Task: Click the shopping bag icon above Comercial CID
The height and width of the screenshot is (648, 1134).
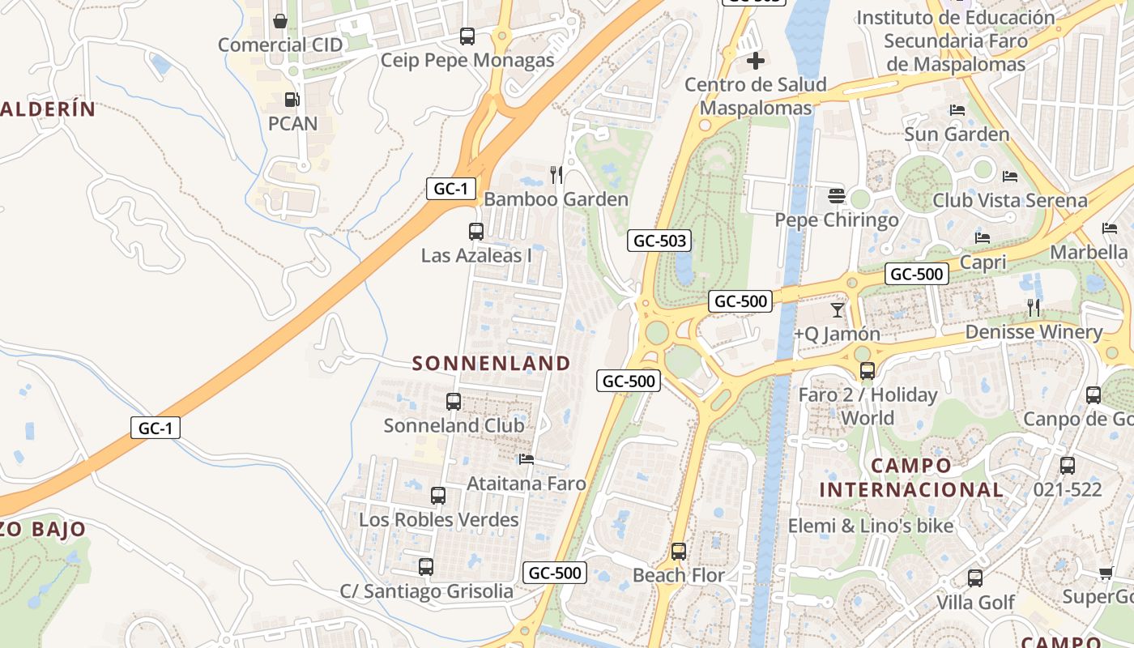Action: point(280,20)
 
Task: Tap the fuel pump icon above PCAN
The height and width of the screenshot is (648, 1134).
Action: point(292,100)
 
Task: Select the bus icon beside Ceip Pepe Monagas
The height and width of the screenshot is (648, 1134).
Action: point(467,36)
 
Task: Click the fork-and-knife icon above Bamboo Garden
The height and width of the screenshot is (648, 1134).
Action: point(556,174)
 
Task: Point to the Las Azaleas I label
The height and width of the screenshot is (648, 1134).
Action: point(476,255)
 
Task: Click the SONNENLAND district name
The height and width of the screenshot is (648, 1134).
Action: point(492,364)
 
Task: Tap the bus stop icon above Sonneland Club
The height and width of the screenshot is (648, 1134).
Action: point(454,401)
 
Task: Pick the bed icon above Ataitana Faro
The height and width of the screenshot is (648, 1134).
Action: point(526,459)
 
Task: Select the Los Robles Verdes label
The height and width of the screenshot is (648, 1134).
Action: point(439,519)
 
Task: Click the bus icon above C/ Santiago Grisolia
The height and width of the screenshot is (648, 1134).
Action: point(426,567)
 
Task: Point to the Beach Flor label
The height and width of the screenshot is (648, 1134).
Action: point(679,576)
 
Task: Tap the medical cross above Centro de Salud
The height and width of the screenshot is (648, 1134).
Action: point(756,60)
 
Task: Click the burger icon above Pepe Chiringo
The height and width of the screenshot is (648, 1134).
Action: point(837,196)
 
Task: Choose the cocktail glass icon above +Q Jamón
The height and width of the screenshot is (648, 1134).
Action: point(838,309)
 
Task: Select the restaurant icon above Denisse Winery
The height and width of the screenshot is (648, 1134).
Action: point(1034,308)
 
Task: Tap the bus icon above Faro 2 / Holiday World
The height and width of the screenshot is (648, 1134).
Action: point(868,371)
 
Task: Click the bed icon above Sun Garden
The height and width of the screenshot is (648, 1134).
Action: point(957,110)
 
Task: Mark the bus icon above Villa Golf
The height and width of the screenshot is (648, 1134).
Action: point(975,578)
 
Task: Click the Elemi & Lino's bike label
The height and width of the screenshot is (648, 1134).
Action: point(871,526)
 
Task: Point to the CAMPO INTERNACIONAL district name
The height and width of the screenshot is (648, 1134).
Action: point(911,478)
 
